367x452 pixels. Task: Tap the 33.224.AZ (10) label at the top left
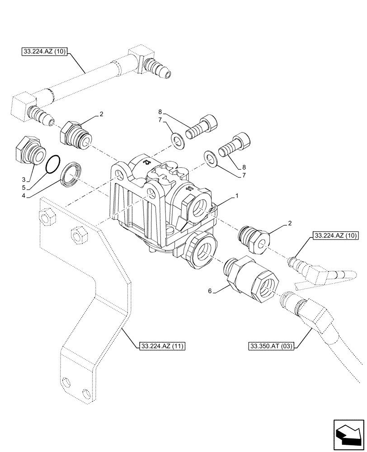pos(44,52)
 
